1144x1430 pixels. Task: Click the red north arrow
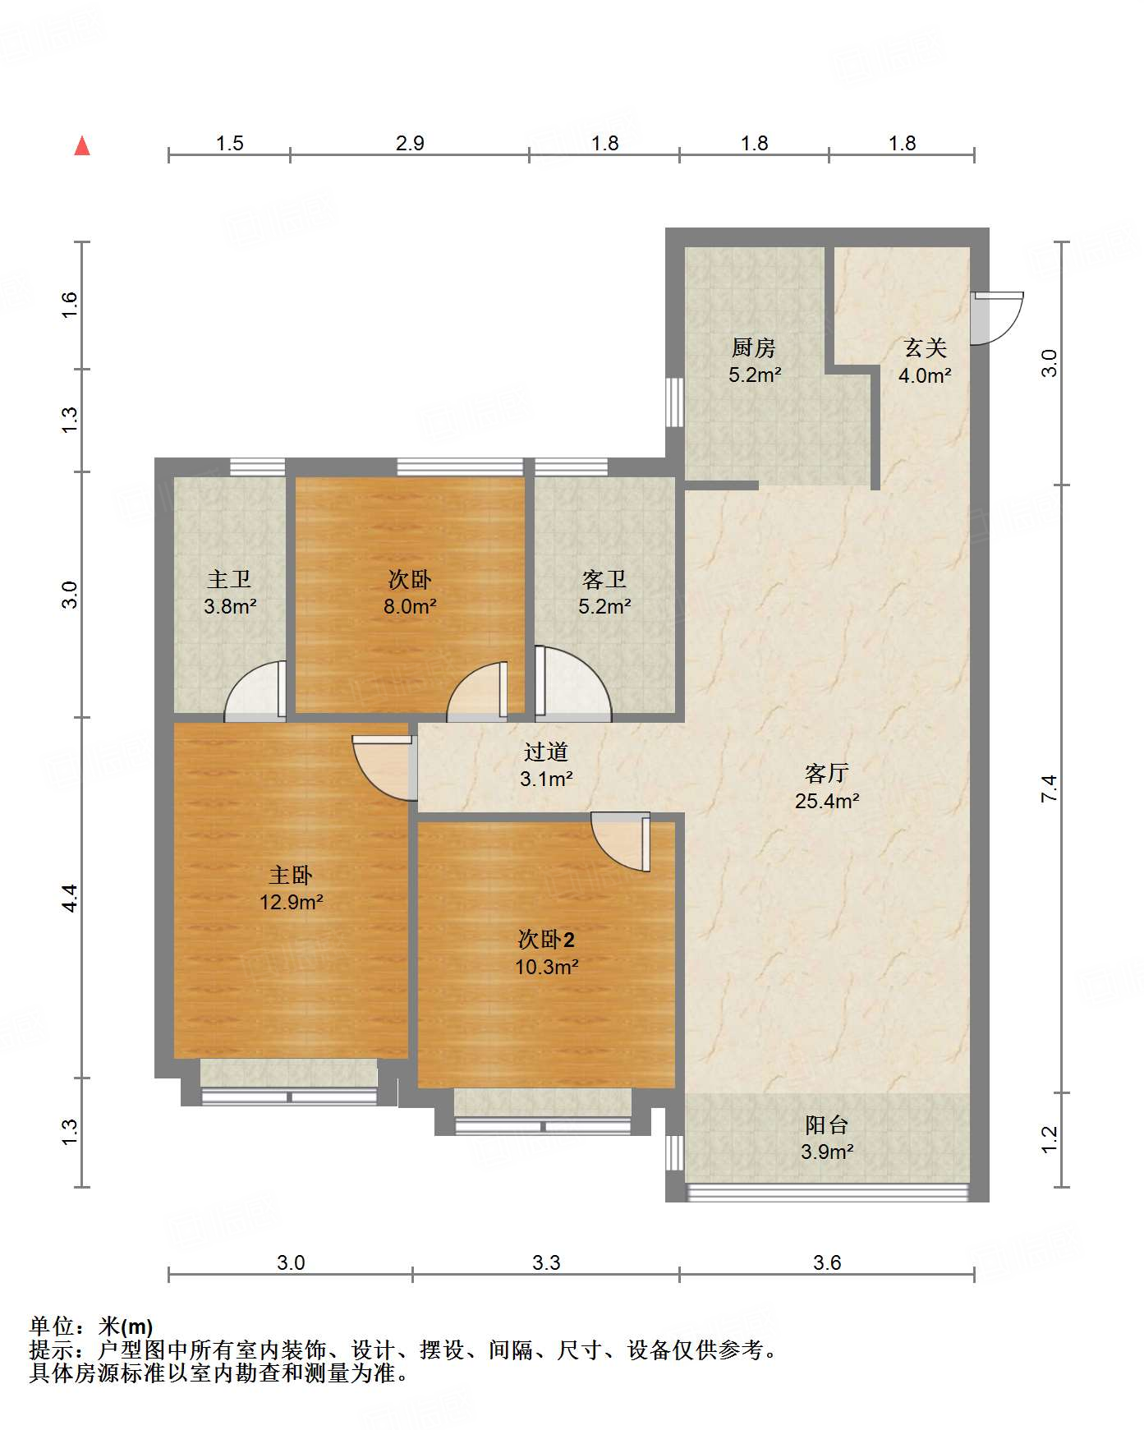tap(82, 145)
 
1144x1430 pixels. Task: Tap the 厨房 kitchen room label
tap(754, 348)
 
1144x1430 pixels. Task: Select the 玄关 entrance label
tap(926, 348)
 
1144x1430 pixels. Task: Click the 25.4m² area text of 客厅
tap(827, 801)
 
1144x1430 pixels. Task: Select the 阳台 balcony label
tap(827, 1124)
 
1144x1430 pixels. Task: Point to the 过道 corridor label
tap(546, 752)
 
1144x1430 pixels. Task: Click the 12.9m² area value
tap(292, 902)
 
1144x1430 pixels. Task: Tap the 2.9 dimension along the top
tap(410, 144)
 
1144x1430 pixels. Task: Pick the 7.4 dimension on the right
tap(1049, 789)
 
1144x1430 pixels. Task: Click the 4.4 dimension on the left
tap(71, 897)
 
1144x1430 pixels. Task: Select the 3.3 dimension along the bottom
tap(546, 1262)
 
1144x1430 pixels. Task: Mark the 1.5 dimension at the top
tap(230, 144)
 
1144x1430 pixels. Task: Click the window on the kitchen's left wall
tap(674, 402)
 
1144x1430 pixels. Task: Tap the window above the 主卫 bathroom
tap(257, 467)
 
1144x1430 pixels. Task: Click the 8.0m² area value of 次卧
tap(410, 607)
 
